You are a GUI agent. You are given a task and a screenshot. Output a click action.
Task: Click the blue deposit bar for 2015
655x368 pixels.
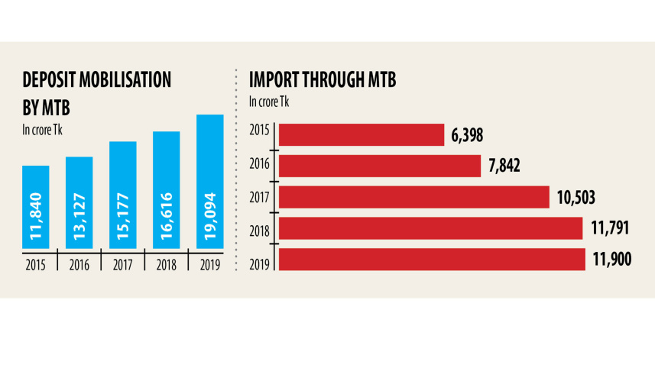pos(36,206)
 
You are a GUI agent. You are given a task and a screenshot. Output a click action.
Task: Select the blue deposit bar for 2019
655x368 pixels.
pos(210,181)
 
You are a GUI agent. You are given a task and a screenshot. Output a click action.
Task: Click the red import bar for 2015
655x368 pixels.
pos(362,135)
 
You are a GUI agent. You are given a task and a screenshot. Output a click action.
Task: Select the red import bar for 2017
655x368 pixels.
pos(413,197)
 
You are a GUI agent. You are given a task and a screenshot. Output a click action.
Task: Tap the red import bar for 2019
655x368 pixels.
pos(432,259)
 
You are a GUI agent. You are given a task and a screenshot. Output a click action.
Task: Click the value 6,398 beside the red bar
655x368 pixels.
pos(468,136)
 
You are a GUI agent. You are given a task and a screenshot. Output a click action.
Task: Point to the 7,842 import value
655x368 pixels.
pos(504,166)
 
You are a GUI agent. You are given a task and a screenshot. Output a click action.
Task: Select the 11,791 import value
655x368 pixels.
pos(610,228)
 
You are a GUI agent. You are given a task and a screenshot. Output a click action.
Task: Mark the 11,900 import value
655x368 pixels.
pos(611,259)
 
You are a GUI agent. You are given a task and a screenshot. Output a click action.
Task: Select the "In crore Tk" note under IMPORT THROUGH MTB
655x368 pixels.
pos(269,100)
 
